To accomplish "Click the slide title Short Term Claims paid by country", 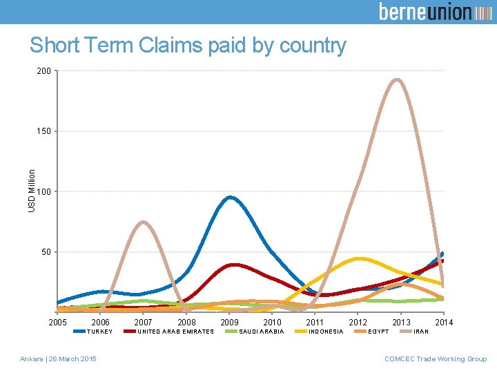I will [x=188, y=46].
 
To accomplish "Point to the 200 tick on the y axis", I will [x=43, y=70].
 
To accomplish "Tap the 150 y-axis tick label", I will [x=43, y=131].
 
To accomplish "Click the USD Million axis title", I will [x=32, y=191].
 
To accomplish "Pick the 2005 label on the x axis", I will [x=58, y=323].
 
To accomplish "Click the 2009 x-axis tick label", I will [x=229, y=323].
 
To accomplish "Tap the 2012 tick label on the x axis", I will [x=358, y=323].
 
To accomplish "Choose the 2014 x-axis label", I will [x=443, y=323].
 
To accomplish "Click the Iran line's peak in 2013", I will [x=396, y=79].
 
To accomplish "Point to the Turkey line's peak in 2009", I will [x=230, y=198].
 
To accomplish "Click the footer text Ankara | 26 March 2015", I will [x=58, y=358].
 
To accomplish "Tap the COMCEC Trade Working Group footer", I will [x=436, y=358].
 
